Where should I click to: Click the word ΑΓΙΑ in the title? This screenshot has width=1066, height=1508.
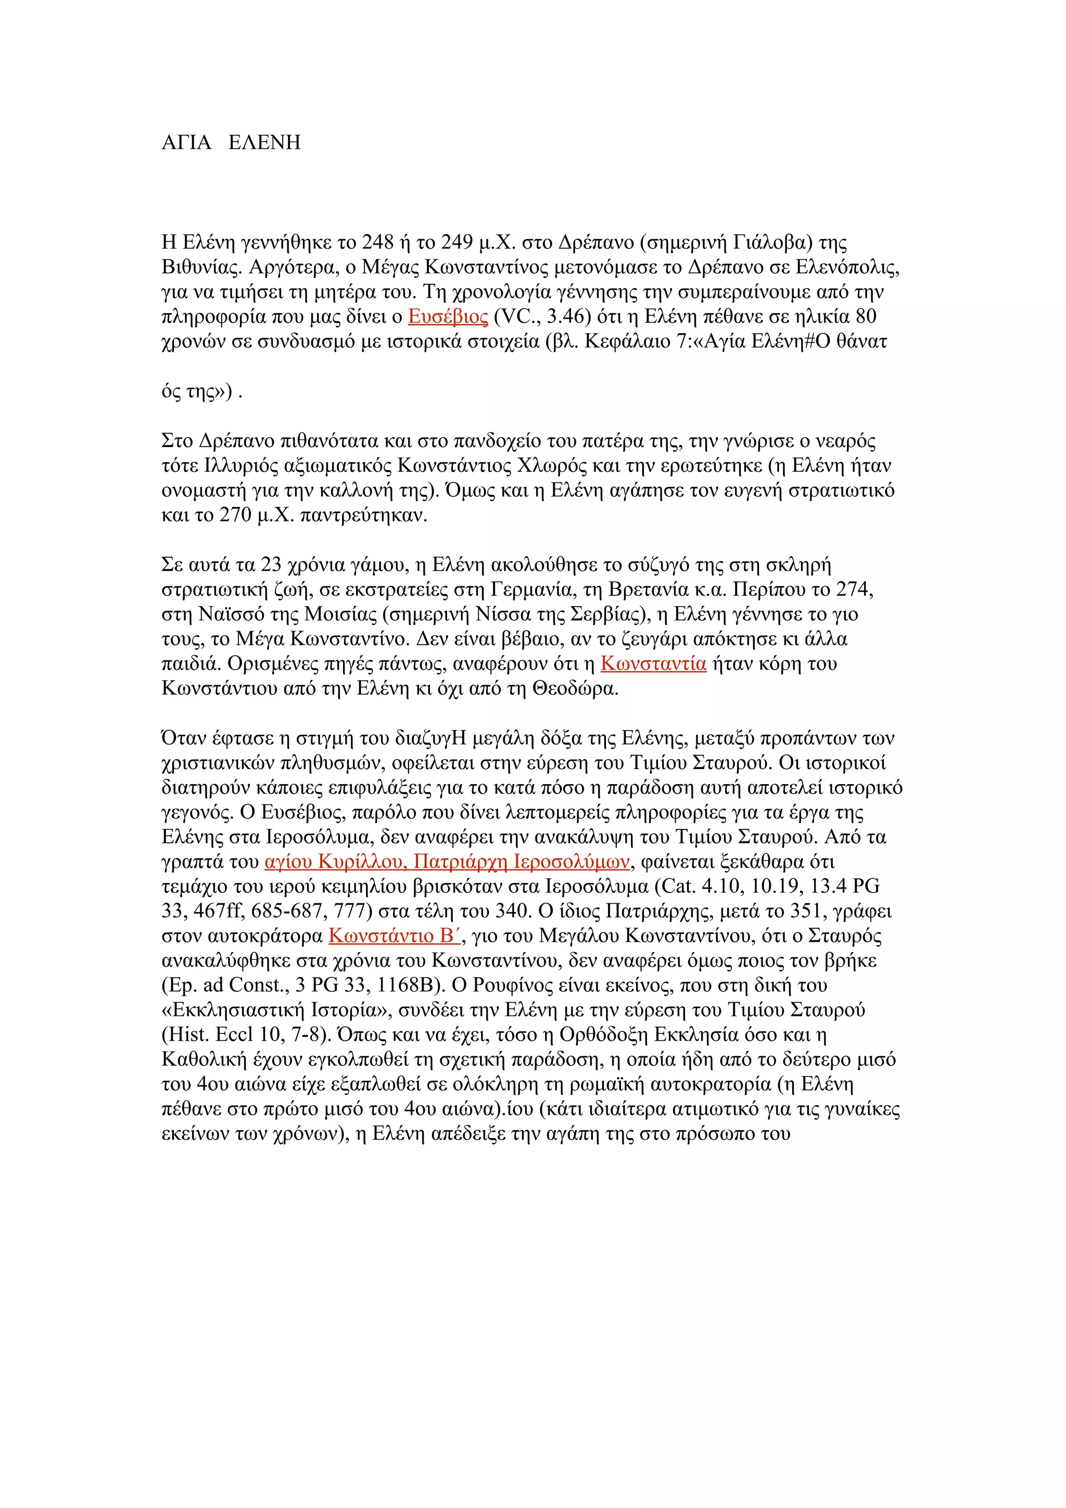click(x=186, y=143)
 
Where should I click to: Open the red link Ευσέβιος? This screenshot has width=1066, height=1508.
click(x=448, y=316)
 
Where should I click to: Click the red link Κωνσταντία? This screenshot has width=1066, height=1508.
click(x=654, y=664)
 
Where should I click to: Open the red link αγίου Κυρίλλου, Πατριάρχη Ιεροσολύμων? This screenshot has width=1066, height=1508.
click(x=447, y=862)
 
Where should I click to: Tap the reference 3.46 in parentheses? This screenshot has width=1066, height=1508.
click(x=569, y=316)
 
